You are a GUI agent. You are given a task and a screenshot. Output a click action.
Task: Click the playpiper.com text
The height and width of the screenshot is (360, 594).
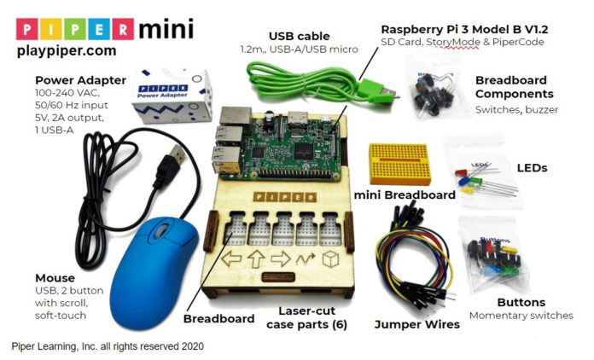click(66, 52)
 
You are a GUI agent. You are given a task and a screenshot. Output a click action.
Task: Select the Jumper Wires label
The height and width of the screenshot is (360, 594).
click(416, 324)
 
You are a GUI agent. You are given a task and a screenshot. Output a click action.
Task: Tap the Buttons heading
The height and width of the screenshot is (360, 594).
click(520, 303)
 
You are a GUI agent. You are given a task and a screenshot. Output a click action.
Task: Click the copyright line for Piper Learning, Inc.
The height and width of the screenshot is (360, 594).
click(108, 347)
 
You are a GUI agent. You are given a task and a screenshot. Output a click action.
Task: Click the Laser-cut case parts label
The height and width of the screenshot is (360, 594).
click(305, 317)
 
